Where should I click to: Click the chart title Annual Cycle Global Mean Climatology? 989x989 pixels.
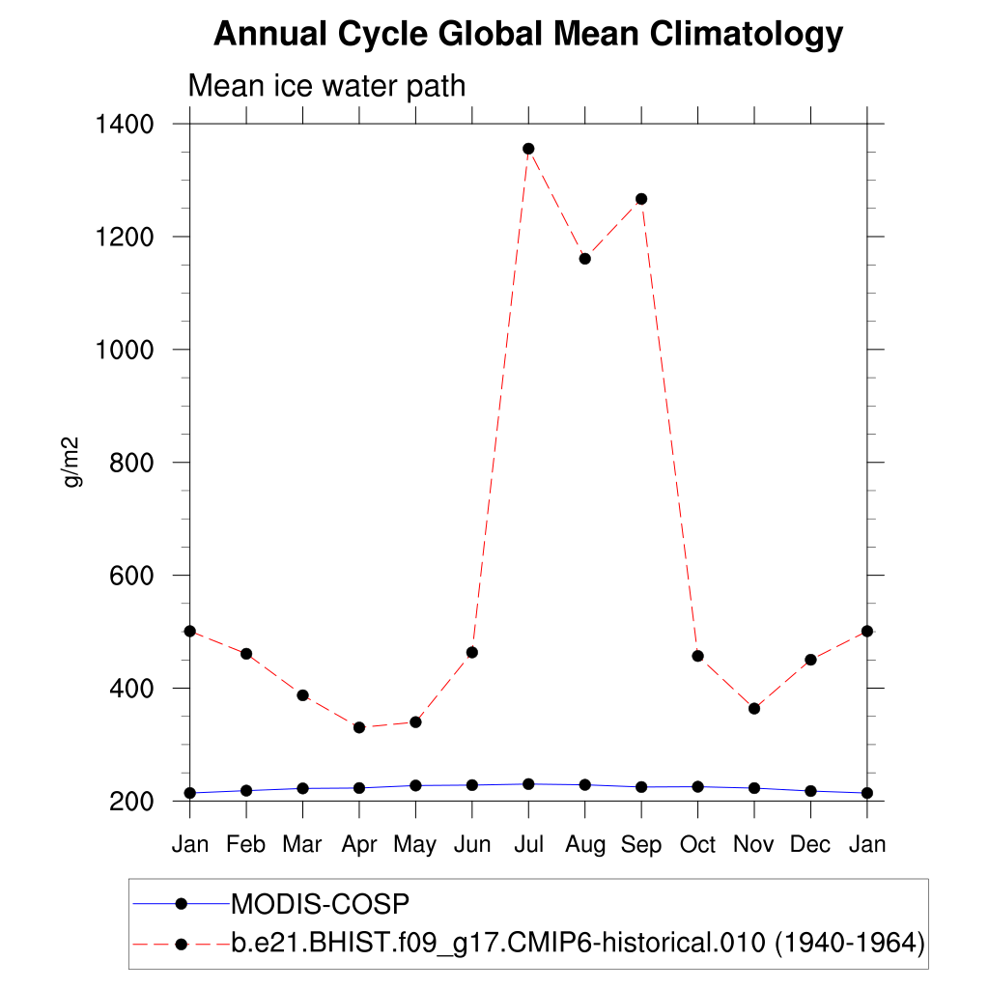[527, 35]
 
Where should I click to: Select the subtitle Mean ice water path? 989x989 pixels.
[326, 86]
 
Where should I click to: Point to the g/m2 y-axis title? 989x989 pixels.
[72, 462]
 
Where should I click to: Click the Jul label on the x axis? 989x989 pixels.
[528, 844]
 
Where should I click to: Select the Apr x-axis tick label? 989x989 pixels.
[359, 844]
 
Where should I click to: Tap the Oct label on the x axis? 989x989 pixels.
[697, 844]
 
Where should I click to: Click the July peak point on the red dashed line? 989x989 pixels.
[528, 149]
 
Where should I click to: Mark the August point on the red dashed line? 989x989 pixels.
[584, 259]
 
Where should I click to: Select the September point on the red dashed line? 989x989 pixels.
[641, 199]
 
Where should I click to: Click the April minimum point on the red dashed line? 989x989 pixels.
[359, 727]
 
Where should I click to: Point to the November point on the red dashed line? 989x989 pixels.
[754, 709]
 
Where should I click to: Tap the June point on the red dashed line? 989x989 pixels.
[472, 653]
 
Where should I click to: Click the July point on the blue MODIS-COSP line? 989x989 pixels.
[528, 784]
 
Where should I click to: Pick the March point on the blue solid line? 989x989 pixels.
[302, 788]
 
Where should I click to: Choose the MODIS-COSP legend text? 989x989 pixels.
[321, 904]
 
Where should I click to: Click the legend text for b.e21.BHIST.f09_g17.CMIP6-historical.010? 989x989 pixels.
[578, 944]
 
